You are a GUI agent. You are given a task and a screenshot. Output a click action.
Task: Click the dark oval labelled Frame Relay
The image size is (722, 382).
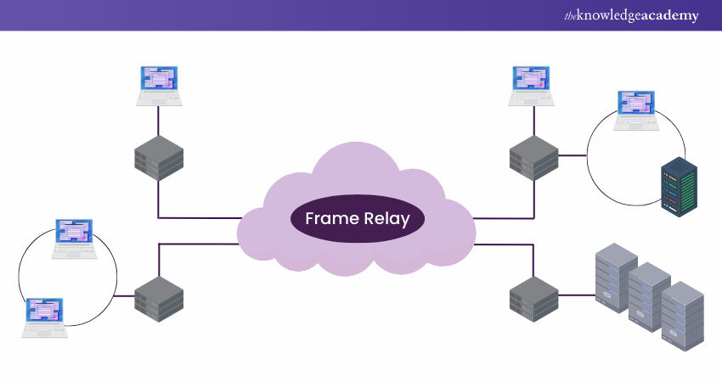357,219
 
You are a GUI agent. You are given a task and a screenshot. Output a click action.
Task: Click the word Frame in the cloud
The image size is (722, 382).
331,219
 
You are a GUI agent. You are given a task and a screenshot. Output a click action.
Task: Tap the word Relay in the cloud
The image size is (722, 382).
386,219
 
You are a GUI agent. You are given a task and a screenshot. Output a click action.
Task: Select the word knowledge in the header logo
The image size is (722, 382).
611,15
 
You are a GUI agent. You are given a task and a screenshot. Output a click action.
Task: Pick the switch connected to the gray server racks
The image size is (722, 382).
533,297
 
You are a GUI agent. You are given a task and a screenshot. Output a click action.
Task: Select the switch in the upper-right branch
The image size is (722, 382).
533,156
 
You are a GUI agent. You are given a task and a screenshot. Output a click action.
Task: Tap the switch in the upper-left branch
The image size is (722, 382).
159,156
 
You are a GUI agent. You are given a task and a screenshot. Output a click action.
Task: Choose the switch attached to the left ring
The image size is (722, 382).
159,297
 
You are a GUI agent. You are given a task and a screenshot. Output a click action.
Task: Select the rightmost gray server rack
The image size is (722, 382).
683,314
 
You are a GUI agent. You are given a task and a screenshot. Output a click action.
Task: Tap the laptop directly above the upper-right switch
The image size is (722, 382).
533,86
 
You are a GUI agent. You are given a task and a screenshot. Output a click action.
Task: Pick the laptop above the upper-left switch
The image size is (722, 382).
159,86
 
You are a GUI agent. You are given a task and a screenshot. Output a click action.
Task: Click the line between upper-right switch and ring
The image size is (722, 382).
573,155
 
